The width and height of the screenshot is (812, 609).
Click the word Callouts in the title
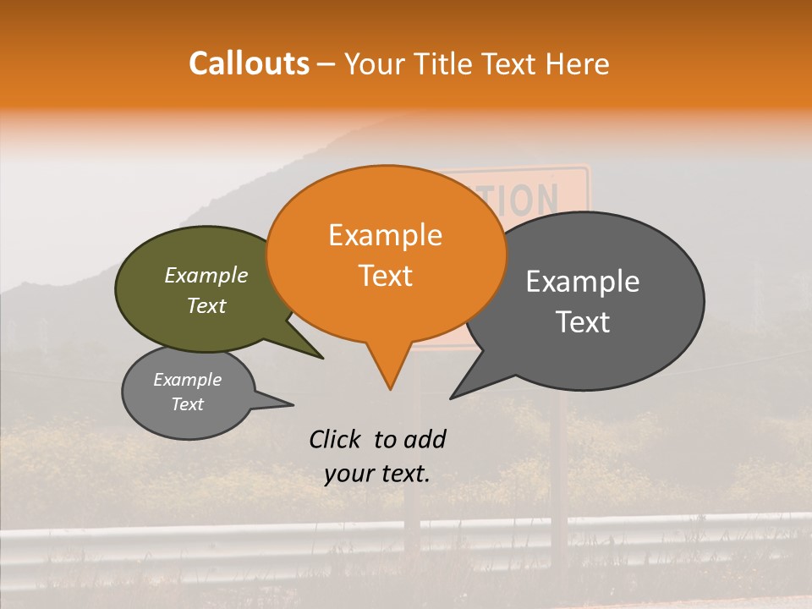(x=249, y=63)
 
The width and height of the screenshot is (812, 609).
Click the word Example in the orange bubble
(x=385, y=235)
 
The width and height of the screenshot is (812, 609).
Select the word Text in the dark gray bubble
(x=584, y=322)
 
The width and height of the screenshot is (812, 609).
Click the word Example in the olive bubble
(x=206, y=275)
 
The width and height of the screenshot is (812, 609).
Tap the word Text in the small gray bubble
(x=188, y=404)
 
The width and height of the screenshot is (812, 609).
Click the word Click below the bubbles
(x=337, y=439)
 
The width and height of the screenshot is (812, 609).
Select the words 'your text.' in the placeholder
(x=377, y=474)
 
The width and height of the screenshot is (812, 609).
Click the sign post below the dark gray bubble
(x=559, y=457)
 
